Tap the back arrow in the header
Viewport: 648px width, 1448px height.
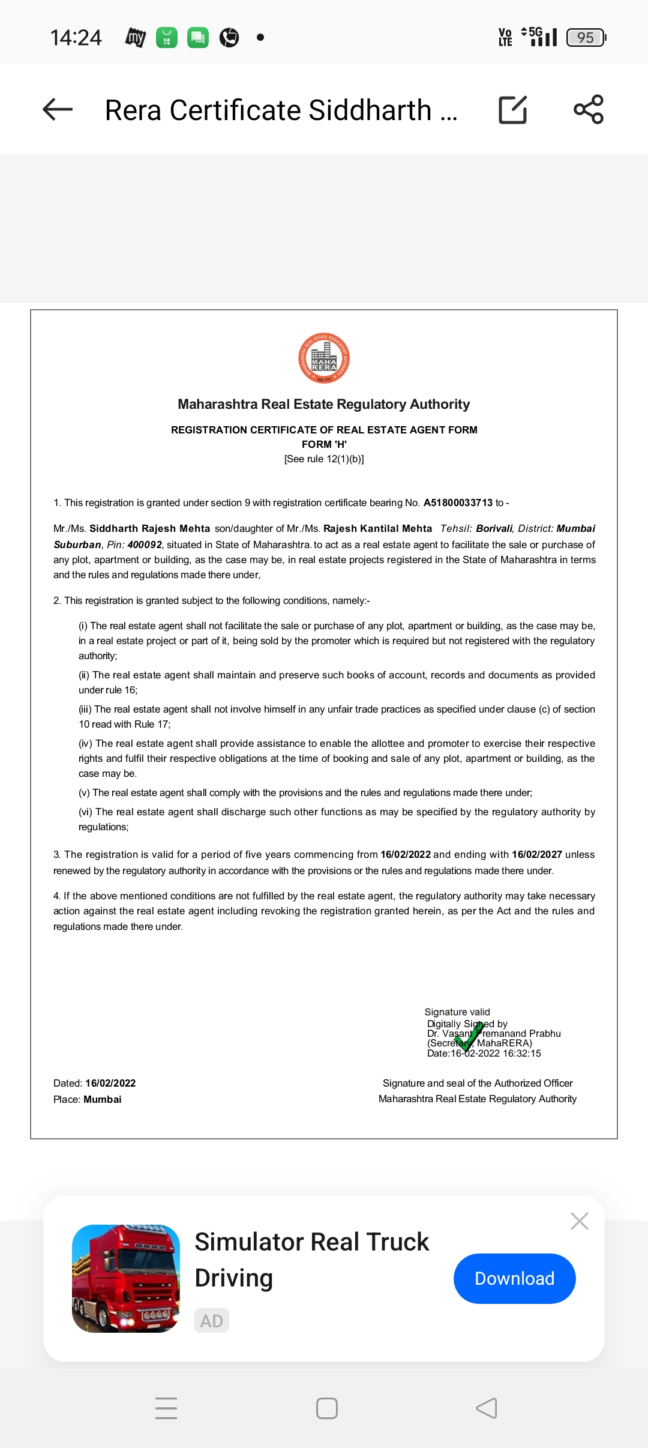pos(58,109)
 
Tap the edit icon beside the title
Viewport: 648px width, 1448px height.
pos(513,109)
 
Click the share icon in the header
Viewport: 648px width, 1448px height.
pos(589,109)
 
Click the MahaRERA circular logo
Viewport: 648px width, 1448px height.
pos(324,358)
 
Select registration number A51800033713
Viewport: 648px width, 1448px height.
pos(458,502)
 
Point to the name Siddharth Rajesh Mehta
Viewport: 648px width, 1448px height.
pos(149,528)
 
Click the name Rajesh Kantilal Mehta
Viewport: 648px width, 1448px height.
pos(377,528)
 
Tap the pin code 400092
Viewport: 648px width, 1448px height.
pos(145,545)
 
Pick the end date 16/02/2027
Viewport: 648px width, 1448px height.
pos(536,854)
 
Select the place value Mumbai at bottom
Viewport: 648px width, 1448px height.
pos(102,1099)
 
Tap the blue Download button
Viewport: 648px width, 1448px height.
pos(514,1278)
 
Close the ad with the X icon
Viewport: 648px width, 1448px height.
pos(579,1220)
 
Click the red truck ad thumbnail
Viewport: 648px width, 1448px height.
pos(126,1278)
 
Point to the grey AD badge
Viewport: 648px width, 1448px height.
pos(211,1321)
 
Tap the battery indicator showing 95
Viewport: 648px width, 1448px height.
pos(586,38)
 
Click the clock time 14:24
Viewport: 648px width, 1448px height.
pos(76,38)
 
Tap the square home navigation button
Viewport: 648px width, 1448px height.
pos(326,1408)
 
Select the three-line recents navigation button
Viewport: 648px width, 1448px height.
pos(166,1408)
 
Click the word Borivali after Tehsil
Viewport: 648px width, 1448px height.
pos(494,528)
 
